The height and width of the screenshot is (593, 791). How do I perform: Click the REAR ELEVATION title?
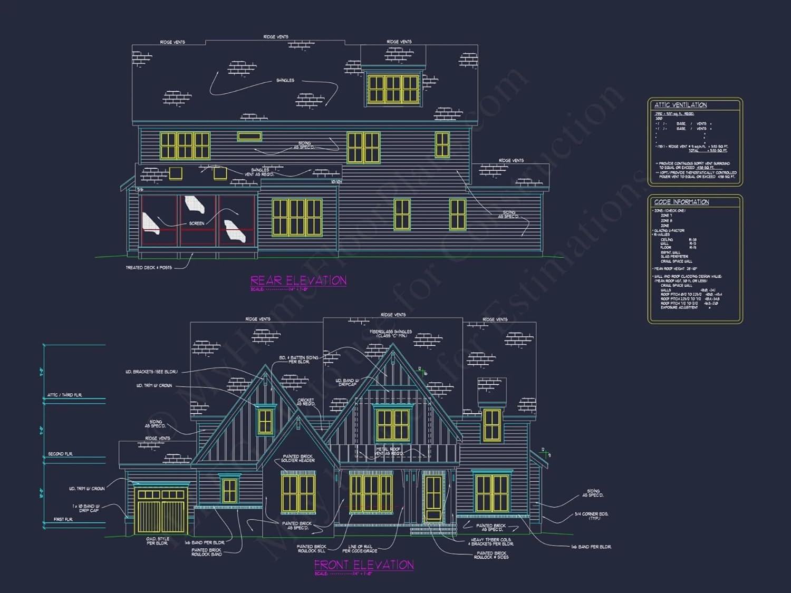click(298, 280)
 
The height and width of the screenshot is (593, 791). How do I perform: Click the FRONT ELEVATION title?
click(364, 565)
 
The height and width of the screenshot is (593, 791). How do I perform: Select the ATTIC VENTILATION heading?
click(680, 105)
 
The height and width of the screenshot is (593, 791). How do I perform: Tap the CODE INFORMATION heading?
click(681, 202)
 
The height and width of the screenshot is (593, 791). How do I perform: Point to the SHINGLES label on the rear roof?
click(285, 81)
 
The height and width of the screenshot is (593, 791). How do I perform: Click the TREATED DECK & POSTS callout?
click(149, 268)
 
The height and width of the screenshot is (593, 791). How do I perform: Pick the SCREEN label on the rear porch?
click(197, 223)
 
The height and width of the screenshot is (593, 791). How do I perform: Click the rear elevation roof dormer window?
click(393, 89)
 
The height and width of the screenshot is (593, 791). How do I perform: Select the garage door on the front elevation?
click(161, 510)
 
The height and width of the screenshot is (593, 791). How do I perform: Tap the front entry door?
click(433, 499)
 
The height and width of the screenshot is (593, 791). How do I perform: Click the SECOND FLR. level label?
click(60, 454)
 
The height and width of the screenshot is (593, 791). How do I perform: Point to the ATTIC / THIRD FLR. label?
click(64, 395)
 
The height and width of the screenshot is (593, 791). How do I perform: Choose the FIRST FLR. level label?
click(63, 520)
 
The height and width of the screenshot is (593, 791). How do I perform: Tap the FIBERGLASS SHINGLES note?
click(391, 334)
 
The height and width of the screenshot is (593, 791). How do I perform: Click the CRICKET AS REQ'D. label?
click(306, 402)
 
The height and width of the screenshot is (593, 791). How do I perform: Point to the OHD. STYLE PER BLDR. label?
click(158, 541)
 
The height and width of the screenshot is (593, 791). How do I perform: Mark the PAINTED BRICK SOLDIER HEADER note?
click(298, 458)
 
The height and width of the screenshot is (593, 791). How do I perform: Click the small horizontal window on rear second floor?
click(249, 137)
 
